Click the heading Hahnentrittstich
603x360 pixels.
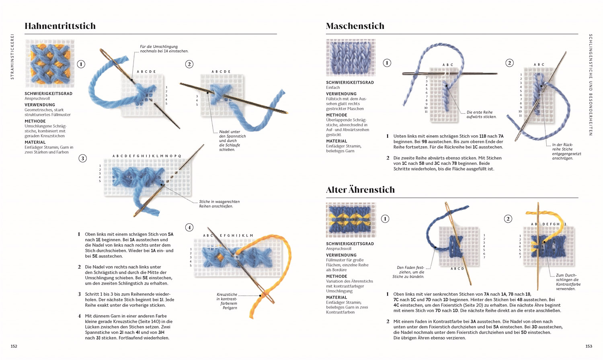[x=60, y=26]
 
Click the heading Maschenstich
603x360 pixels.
[x=355, y=26]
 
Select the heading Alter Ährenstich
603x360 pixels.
[x=360, y=190]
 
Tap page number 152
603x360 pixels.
[x=14, y=346]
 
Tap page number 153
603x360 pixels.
[x=589, y=346]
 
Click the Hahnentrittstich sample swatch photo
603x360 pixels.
[x=49, y=63]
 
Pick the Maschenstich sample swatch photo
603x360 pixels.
[x=351, y=57]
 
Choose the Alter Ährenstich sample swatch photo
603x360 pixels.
[x=351, y=220]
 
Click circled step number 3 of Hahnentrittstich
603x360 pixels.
[x=82, y=158]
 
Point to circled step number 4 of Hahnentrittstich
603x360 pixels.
[x=189, y=227]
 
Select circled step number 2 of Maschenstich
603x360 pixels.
[x=509, y=63]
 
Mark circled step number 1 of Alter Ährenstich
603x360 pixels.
[x=385, y=219]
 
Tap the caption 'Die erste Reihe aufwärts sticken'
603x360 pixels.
[x=481, y=115]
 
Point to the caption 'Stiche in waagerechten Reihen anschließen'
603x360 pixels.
[x=219, y=204]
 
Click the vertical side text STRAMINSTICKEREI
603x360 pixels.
[x=12, y=56]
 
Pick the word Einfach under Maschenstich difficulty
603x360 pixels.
[x=333, y=88]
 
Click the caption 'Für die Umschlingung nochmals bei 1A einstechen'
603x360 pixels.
[x=164, y=49]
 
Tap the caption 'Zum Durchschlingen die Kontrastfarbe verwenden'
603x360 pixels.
[x=568, y=282]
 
